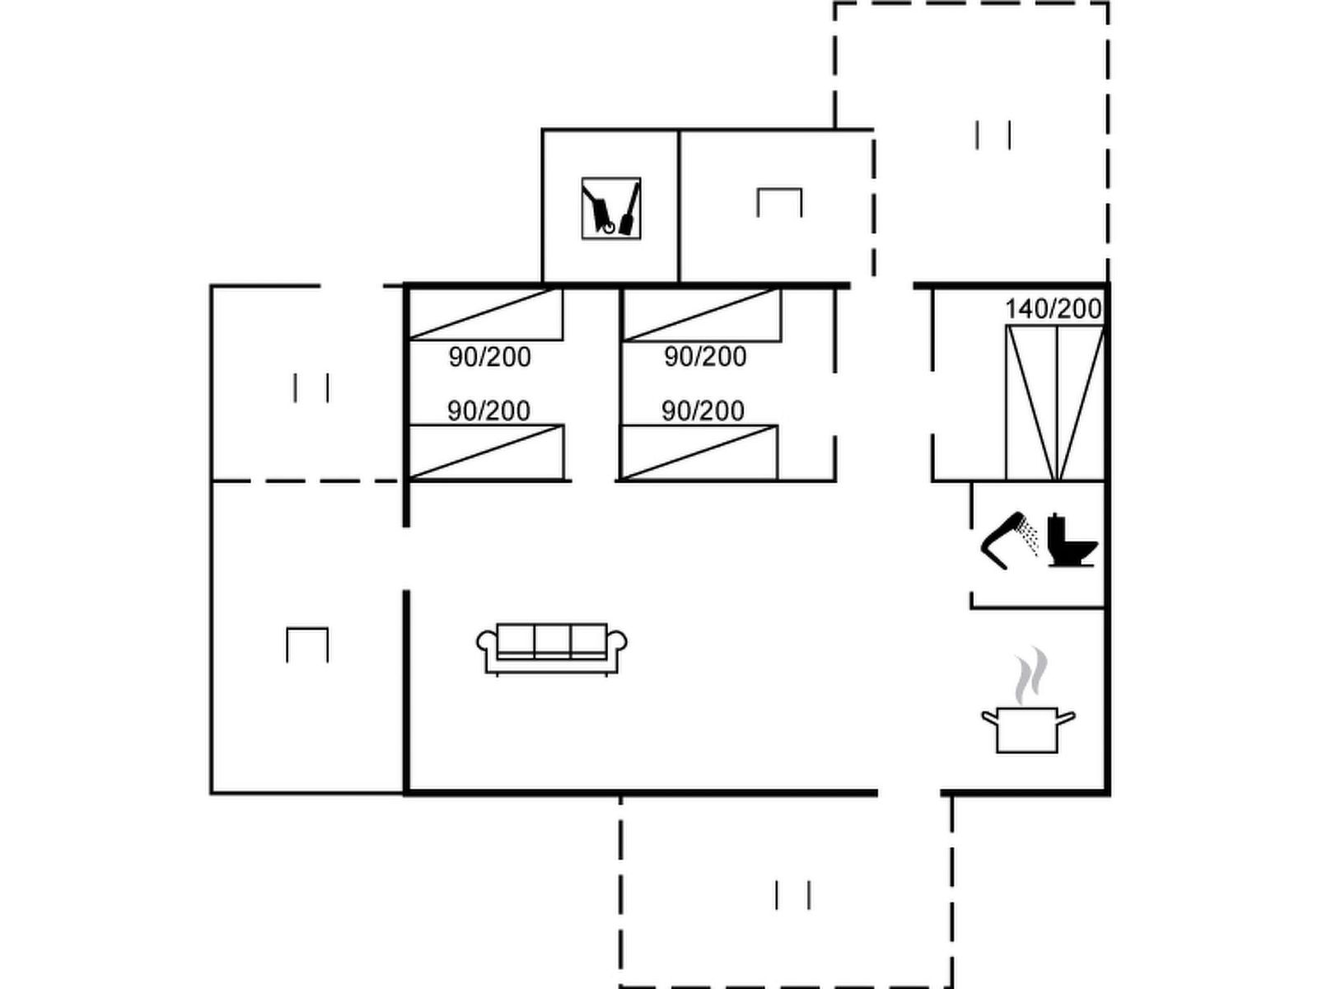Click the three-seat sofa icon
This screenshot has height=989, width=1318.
[551, 649]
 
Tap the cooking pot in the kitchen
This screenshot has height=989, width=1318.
[1027, 729]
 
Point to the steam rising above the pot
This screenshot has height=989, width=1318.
[1031, 675]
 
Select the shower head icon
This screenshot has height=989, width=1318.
[1010, 540]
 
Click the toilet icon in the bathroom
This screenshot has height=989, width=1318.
[1073, 540]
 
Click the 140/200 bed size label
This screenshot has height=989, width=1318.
[1054, 309]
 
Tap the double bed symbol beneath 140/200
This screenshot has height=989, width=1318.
[1055, 403]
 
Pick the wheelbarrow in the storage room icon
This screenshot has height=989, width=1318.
[599, 209]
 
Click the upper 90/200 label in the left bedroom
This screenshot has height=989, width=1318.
[489, 358]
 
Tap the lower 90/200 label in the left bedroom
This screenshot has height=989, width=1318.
[488, 411]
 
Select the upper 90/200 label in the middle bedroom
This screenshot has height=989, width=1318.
[705, 357]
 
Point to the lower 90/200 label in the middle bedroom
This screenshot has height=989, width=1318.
[703, 411]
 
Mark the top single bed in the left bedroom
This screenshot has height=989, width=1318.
[486, 314]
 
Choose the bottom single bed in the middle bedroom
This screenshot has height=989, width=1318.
[699, 452]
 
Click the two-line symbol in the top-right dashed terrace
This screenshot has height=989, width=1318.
[993, 135]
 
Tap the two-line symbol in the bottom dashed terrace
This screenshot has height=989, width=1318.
[792, 895]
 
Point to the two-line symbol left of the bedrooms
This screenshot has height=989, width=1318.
[311, 388]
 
